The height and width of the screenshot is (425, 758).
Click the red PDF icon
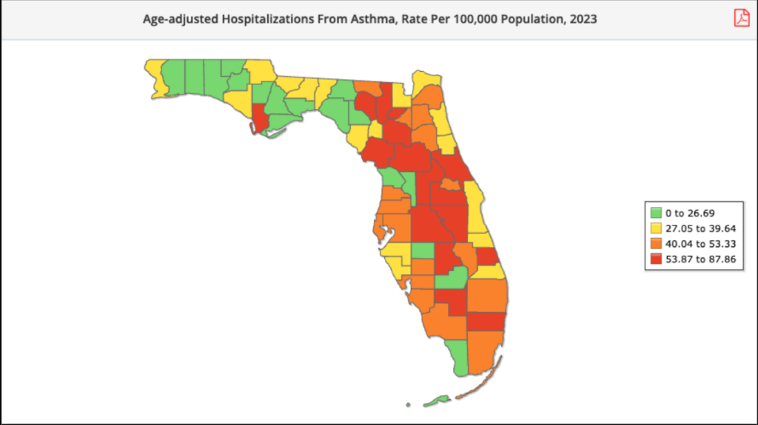coord(742,18)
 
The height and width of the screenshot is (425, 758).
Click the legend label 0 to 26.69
coord(690,212)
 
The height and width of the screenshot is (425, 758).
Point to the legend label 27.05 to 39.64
coord(700,228)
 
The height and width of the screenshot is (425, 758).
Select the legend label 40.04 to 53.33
coord(700,243)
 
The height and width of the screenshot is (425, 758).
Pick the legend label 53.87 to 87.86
coord(700,259)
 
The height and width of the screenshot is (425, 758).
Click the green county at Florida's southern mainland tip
coord(459,356)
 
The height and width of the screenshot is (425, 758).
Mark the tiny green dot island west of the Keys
coord(408,404)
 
